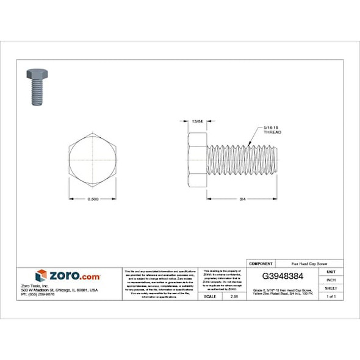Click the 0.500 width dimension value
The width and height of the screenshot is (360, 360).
pos(93,200)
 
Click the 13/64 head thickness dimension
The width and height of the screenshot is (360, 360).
pos(197,121)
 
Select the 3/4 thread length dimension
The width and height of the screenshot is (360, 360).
pos(242,200)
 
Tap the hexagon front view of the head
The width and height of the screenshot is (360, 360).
pos(93,159)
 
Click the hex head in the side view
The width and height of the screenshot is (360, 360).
pos(198,160)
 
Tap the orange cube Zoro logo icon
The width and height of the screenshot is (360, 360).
pos(41,276)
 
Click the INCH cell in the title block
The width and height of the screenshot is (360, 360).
pos(331,279)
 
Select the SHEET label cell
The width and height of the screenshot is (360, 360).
pos(331,288)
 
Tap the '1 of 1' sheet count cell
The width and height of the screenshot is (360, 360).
pos(331,296)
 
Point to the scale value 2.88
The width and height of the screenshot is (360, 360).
pos(234,296)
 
